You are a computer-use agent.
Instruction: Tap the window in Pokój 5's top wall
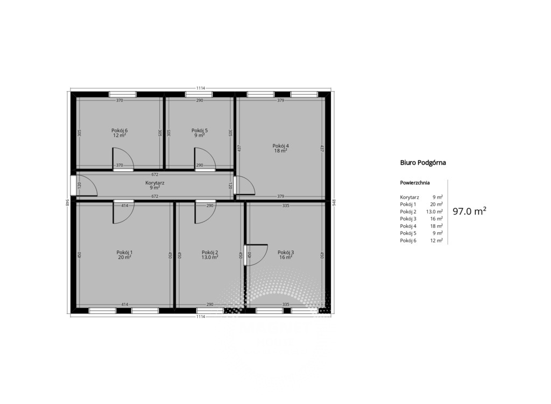tap(199, 94)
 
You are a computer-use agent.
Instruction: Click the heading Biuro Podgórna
tap(423, 163)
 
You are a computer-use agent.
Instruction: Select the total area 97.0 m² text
tap(469, 211)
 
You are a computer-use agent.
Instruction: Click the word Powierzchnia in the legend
tap(415, 183)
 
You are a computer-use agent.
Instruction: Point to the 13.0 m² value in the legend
tap(434, 212)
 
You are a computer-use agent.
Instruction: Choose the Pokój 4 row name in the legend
tap(408, 226)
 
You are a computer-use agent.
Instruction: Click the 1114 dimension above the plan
tap(201, 88)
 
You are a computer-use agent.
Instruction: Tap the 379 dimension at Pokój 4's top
tap(280, 100)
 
